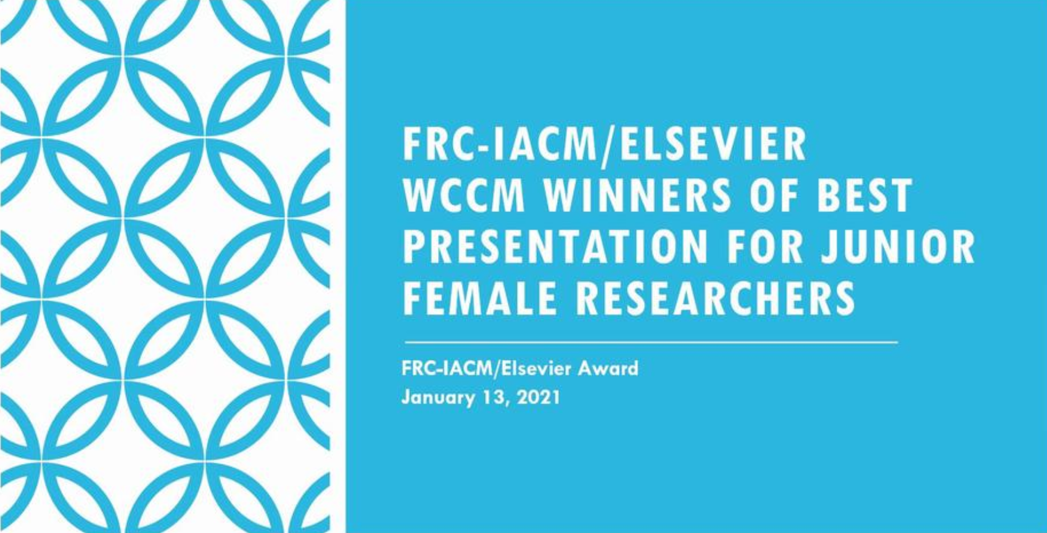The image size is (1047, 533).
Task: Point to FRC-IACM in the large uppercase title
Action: (x=499, y=144)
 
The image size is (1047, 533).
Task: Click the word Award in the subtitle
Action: (x=608, y=368)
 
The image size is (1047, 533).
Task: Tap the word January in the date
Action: (x=437, y=398)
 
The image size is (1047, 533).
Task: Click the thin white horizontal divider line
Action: (x=651, y=342)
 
